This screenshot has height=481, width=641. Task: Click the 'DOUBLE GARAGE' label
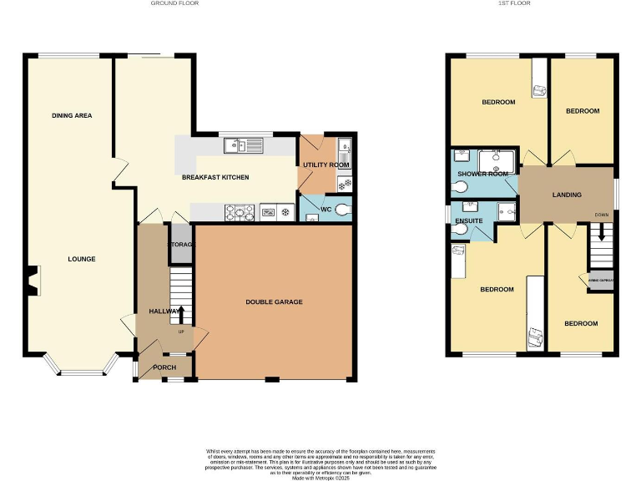pyautogui.click(x=274, y=301)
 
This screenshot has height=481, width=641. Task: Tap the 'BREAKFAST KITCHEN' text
pyautogui.click(x=215, y=177)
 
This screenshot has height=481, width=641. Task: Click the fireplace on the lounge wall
pyautogui.click(x=31, y=281)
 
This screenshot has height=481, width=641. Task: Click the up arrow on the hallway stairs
pyautogui.click(x=181, y=313)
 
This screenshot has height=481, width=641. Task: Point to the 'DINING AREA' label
pyautogui.click(x=72, y=115)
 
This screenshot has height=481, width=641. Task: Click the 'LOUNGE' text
pyautogui.click(x=82, y=259)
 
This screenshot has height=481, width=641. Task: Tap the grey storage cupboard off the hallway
pyautogui.click(x=181, y=245)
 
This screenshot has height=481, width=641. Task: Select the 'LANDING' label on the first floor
pyautogui.click(x=567, y=195)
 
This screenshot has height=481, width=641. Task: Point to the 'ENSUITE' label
pyautogui.click(x=469, y=220)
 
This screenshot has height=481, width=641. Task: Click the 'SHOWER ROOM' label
pyautogui.click(x=482, y=174)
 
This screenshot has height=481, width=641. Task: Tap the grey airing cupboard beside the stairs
pyautogui.click(x=601, y=280)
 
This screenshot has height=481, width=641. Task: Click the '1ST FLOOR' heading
pyautogui.click(x=514, y=3)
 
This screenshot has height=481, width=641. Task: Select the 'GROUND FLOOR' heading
pyautogui.click(x=174, y=3)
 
